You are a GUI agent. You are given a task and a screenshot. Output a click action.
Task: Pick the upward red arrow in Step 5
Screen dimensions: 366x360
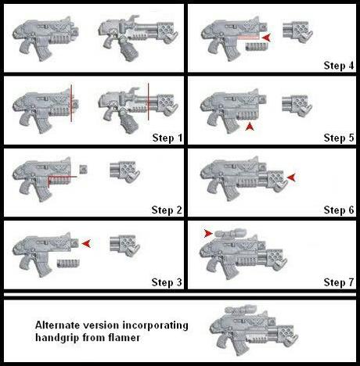[249, 125]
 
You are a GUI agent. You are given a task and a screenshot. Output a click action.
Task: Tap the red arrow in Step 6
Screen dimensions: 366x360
[291, 178]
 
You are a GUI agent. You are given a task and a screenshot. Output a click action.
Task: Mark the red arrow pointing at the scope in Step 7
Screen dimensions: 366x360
[207, 232]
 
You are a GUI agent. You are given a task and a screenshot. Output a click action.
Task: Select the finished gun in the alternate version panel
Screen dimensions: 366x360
[247, 328]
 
